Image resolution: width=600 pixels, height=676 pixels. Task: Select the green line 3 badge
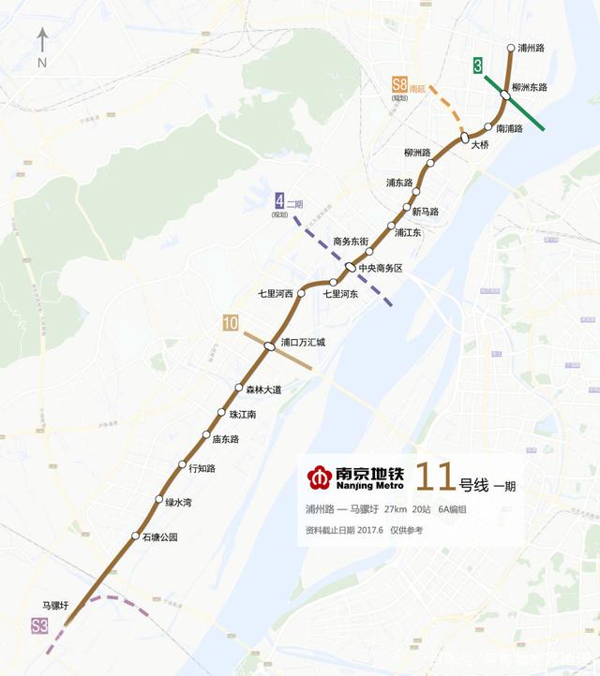point(478,66)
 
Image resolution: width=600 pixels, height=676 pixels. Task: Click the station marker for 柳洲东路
point(505,93)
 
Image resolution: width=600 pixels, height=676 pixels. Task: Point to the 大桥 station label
point(480,145)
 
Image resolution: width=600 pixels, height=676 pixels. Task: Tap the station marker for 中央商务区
point(350,268)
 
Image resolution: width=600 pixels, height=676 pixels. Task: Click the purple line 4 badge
point(279,199)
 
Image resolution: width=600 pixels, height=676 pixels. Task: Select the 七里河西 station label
point(276,294)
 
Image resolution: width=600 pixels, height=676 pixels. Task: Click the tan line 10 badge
point(230,324)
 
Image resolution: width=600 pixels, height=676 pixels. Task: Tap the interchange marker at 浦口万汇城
point(269,345)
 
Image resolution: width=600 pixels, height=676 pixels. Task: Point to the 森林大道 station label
point(262,389)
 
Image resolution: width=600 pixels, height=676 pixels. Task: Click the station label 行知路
point(202,468)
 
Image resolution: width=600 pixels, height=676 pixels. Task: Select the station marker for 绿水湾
point(158,500)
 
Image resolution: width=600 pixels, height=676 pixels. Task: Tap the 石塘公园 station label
point(159,537)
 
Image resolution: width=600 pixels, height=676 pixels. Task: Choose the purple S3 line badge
point(39,627)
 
